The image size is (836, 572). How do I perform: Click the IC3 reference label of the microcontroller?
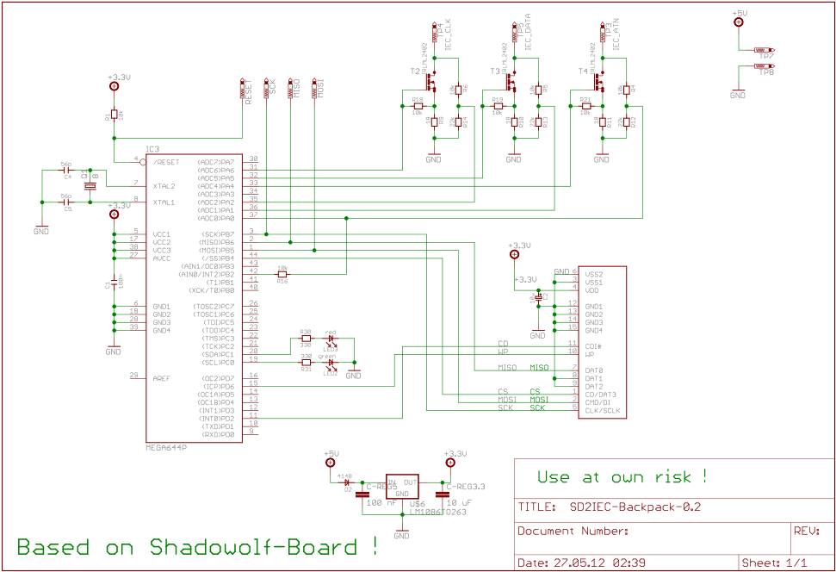[x=152, y=148]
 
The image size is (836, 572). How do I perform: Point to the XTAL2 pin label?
[x=164, y=186]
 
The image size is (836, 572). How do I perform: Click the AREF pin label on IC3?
[x=162, y=376]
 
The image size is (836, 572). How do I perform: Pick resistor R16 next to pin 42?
[x=282, y=274]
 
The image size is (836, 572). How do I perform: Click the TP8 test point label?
[x=766, y=74]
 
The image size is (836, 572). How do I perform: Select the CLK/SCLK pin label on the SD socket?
[x=603, y=411]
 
